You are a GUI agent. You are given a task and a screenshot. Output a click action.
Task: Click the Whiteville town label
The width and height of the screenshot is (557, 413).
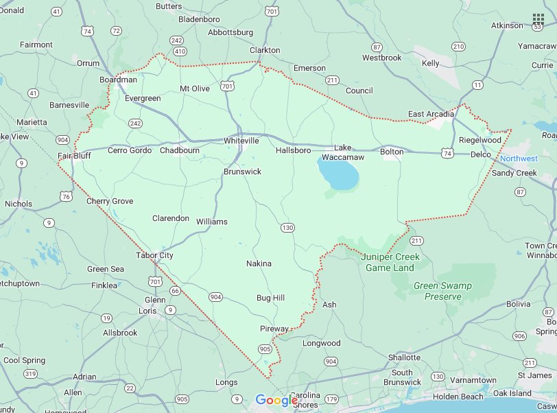241,141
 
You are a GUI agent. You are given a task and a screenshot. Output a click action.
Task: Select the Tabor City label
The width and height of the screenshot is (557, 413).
154,255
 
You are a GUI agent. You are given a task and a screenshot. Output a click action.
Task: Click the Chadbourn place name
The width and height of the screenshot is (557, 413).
180,150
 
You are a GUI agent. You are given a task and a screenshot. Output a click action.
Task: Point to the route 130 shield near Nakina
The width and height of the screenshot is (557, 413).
287,227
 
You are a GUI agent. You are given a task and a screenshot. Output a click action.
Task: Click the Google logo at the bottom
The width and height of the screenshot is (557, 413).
276,400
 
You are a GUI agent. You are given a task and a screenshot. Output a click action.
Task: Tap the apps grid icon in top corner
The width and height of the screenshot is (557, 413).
538,19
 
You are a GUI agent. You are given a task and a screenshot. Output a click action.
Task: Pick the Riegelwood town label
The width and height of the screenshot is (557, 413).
480,140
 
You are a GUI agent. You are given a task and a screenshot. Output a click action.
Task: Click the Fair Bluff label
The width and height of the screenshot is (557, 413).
74,156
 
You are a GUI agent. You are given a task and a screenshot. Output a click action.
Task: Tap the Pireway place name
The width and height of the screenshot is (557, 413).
274,329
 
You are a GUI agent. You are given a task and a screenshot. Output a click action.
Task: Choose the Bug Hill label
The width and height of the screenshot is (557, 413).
270,298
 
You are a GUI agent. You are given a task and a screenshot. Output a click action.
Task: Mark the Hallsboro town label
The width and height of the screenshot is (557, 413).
293,150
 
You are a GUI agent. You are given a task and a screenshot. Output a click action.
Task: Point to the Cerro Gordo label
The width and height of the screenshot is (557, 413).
130,150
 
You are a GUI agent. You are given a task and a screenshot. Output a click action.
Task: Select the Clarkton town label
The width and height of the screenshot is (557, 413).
265,50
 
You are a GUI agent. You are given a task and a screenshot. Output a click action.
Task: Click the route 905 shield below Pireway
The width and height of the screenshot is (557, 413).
265,349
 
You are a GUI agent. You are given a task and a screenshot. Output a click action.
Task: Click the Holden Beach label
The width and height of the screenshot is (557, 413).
458,396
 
